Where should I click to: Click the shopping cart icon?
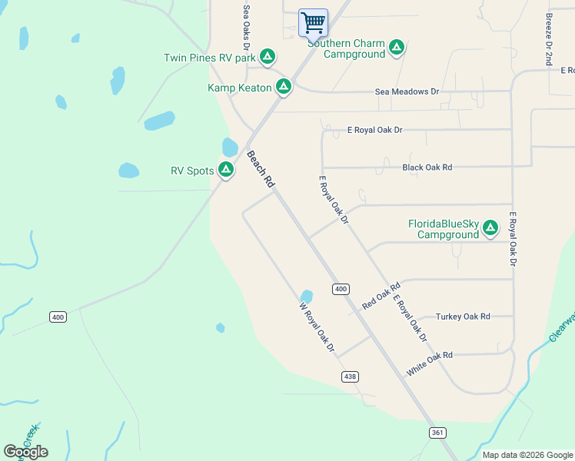313,22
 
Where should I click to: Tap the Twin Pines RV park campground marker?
268,56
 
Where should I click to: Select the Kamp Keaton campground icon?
284,87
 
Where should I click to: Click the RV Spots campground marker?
226,170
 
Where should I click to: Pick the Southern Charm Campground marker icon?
397,48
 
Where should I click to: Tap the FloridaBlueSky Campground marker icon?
490,228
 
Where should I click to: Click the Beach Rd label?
260,169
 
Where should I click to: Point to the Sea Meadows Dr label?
407,91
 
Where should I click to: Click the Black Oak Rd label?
427,167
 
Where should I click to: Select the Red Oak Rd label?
382,296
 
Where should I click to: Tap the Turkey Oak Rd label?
463,317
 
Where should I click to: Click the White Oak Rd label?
430,363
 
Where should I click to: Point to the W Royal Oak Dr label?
317,327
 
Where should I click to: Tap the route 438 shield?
350,376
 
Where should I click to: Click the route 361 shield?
437,433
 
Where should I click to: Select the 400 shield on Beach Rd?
341,289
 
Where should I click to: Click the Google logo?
25,452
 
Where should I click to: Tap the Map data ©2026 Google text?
527,455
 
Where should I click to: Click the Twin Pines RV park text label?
209,58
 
